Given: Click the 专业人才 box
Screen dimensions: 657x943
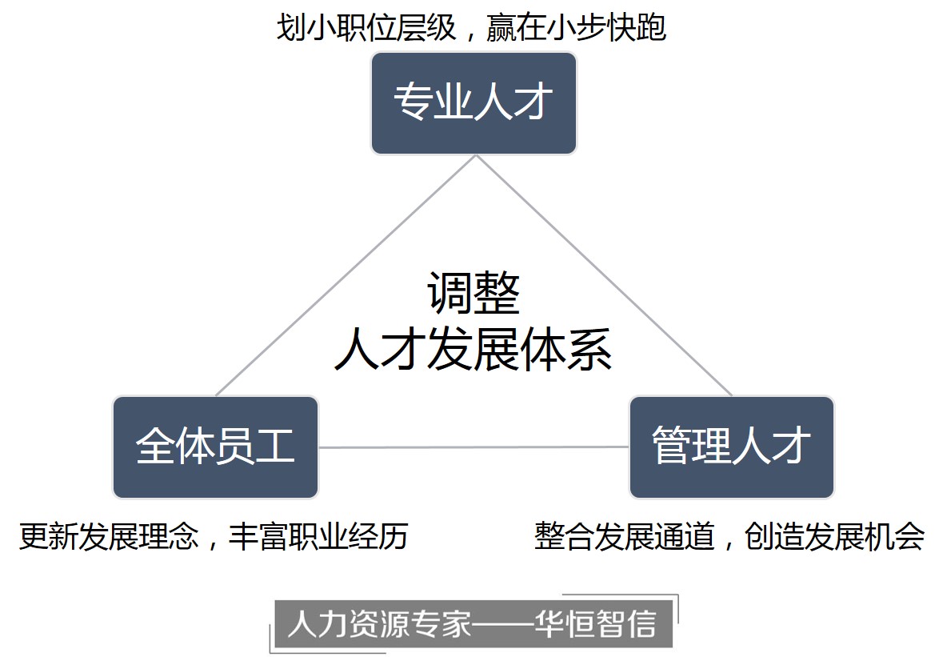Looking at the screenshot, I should click(x=473, y=103).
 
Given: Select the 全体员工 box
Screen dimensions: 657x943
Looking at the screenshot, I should click(x=215, y=447).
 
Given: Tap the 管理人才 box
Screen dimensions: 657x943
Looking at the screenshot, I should click(x=731, y=447).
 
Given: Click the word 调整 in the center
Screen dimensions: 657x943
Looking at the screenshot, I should click(x=473, y=294).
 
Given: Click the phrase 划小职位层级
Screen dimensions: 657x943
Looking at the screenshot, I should click(x=366, y=29).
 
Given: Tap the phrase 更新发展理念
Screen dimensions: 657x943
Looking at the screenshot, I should click(x=109, y=536).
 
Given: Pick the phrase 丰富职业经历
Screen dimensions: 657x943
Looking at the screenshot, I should click(x=318, y=536).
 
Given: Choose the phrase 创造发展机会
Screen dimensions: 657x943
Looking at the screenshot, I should click(x=834, y=536).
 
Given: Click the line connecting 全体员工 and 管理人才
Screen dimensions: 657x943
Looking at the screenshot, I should click(x=473, y=447).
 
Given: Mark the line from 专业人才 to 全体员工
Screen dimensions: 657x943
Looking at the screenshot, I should click(x=344, y=277).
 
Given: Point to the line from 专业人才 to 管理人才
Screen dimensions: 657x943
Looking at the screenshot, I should click(x=604, y=276).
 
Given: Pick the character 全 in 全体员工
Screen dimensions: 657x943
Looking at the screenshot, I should click(x=155, y=447).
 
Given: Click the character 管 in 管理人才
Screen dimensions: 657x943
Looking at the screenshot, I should click(x=671, y=447).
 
